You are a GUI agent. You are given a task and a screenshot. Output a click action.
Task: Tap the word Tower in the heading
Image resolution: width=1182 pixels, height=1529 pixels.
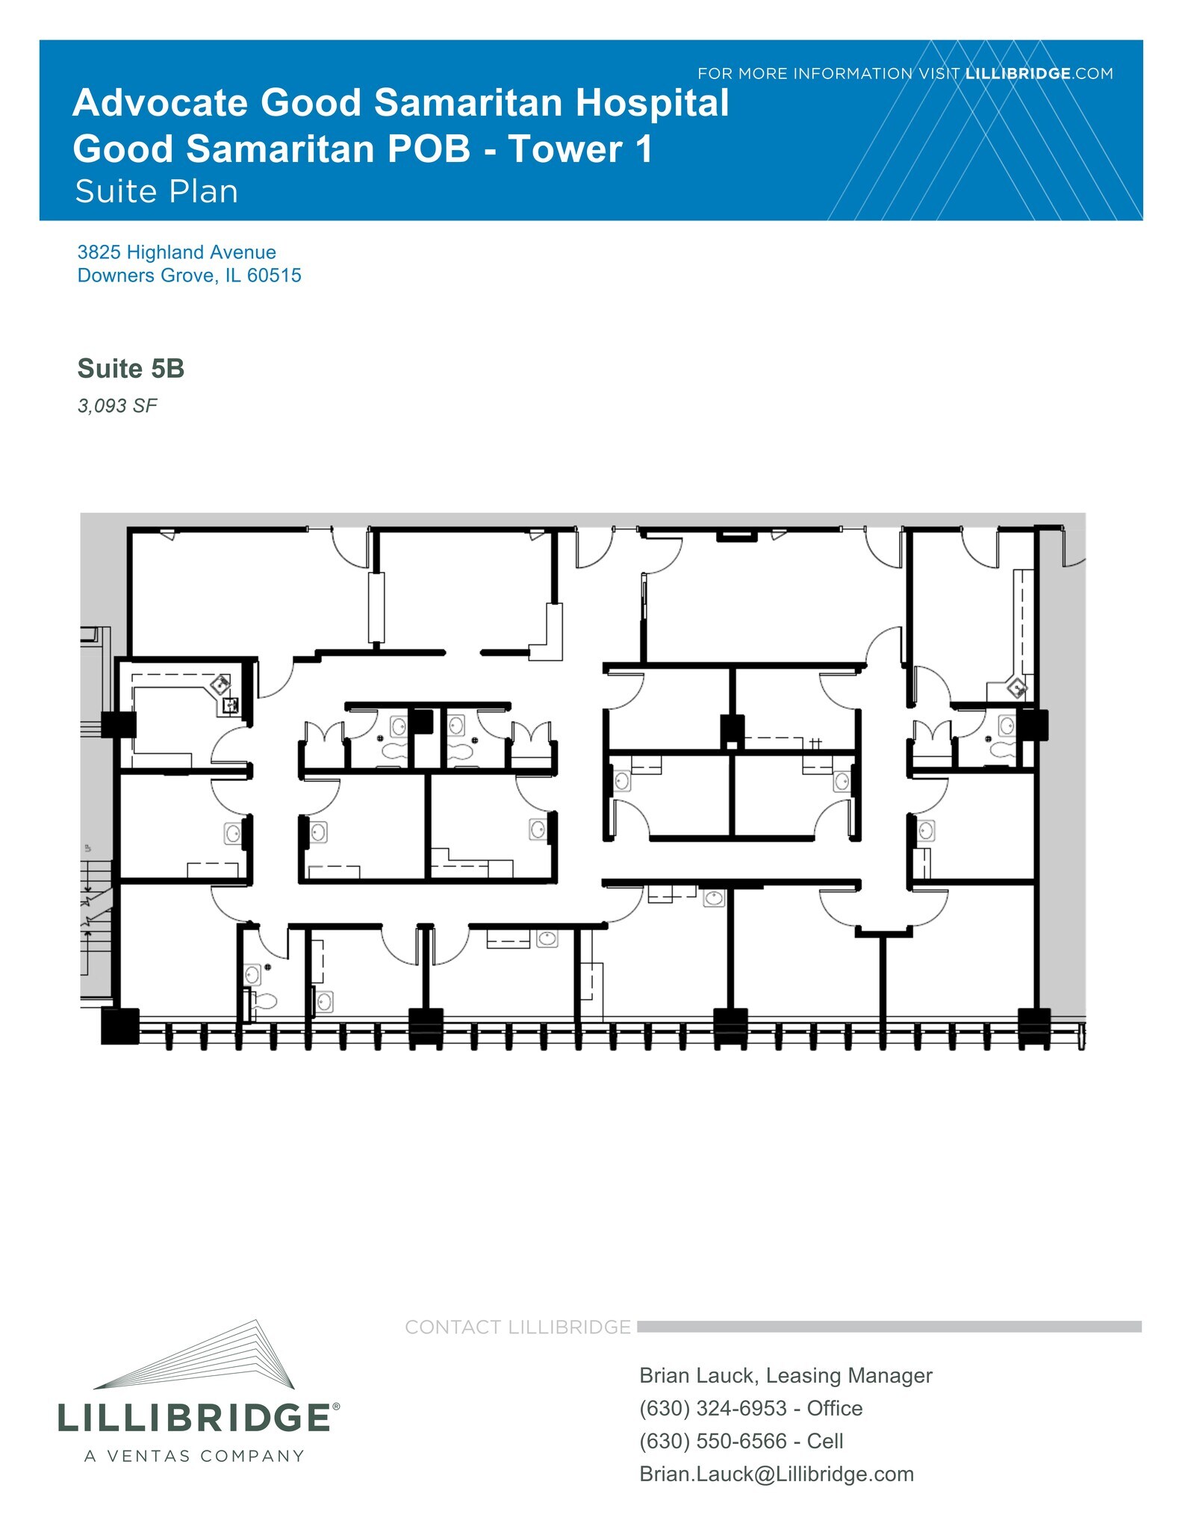564,149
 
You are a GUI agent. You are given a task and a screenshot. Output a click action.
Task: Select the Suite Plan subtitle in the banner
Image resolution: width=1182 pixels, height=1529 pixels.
156,192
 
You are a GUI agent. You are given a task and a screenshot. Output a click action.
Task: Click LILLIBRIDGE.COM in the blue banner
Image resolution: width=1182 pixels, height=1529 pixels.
1039,74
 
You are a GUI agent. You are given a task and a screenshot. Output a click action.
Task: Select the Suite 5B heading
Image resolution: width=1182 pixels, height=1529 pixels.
131,369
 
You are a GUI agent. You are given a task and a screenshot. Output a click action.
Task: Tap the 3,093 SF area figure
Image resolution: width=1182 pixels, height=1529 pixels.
117,406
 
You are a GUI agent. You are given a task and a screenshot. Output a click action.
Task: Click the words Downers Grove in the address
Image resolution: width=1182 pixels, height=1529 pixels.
145,275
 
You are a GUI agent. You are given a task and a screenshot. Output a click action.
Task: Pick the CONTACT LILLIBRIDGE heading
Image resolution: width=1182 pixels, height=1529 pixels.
517,1327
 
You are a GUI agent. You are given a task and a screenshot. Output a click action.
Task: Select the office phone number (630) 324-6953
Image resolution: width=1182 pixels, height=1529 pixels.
712,1408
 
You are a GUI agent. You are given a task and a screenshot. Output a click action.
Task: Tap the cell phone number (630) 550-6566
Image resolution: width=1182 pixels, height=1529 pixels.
712,1441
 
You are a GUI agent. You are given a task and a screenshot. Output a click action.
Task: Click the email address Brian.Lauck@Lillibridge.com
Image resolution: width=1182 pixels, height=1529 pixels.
777,1474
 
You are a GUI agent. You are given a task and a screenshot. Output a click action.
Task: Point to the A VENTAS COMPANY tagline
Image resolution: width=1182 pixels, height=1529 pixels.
194,1457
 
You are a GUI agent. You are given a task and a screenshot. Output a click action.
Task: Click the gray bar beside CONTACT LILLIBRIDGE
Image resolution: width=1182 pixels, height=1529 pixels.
889,1327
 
